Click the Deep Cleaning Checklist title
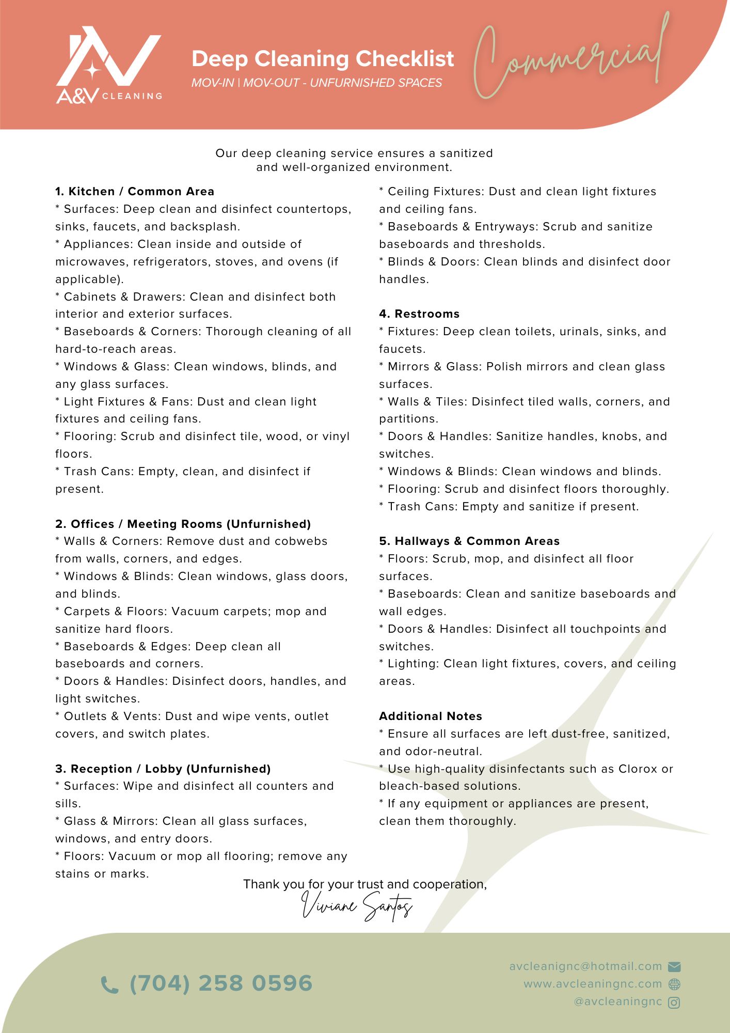(x=323, y=59)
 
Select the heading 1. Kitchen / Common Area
(x=135, y=192)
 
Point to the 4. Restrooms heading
(x=419, y=314)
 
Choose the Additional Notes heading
(x=431, y=716)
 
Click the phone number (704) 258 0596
(x=221, y=983)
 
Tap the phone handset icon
(x=109, y=985)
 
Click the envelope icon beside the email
(x=674, y=967)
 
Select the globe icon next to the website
(x=674, y=984)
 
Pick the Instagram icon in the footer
(x=674, y=1003)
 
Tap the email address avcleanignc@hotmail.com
(x=585, y=966)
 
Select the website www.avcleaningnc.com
(x=593, y=984)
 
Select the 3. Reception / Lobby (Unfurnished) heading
(x=163, y=769)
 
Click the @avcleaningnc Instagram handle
(x=618, y=1002)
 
